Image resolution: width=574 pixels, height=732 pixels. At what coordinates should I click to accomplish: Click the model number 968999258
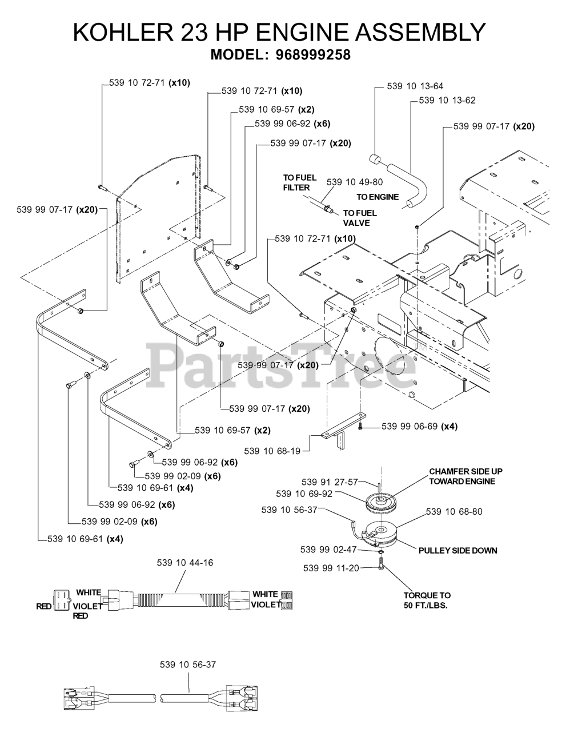pyautogui.click(x=312, y=55)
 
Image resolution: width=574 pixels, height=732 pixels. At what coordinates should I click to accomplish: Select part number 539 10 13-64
pyautogui.click(x=415, y=86)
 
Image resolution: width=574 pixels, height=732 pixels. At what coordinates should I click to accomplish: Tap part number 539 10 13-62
pyautogui.click(x=447, y=100)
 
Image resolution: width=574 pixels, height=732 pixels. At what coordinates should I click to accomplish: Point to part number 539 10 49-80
pyautogui.click(x=354, y=182)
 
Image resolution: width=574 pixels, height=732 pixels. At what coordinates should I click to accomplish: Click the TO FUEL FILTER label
pyautogui.click(x=296, y=182)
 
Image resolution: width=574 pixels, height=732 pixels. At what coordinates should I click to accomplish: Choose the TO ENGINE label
pyautogui.click(x=378, y=197)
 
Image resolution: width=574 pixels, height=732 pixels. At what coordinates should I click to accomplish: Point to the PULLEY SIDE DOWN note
pyautogui.click(x=457, y=550)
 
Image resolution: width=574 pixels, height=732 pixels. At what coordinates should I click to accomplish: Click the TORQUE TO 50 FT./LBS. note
pyautogui.click(x=427, y=600)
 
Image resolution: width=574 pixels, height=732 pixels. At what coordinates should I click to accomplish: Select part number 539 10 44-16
pyautogui.click(x=184, y=563)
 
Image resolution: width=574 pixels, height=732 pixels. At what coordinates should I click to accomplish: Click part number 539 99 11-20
pyautogui.click(x=331, y=568)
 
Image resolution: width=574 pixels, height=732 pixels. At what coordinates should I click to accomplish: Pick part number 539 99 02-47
pyautogui.click(x=328, y=550)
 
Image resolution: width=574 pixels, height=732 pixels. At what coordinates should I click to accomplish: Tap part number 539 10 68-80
pyautogui.click(x=453, y=511)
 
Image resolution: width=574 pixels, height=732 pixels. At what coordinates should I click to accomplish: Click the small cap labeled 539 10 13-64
pyautogui.click(x=375, y=158)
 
